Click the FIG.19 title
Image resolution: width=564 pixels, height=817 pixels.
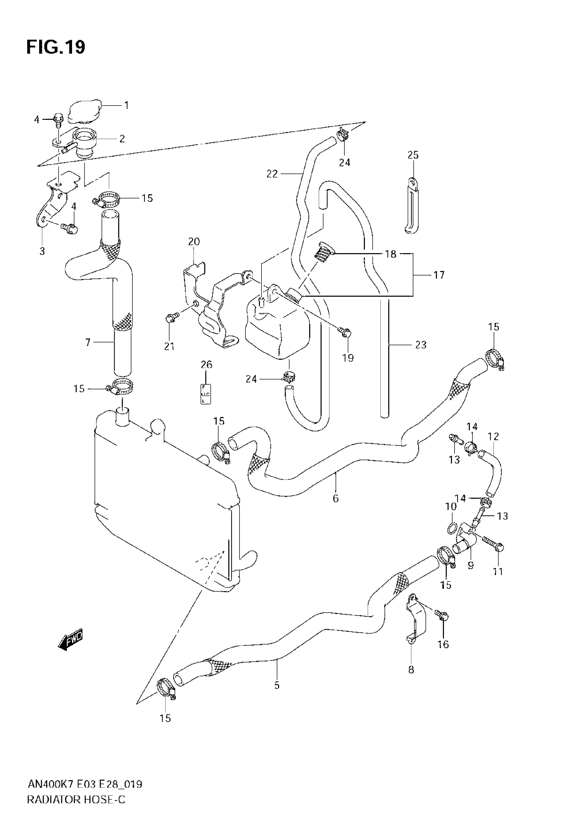point(56,47)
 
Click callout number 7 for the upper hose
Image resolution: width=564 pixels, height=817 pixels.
point(88,342)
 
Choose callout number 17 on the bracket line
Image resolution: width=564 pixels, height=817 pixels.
point(439,274)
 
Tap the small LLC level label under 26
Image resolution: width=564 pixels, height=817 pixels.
point(206,394)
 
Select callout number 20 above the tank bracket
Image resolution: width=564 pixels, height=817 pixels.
point(194,242)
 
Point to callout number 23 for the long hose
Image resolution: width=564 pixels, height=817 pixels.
point(421,344)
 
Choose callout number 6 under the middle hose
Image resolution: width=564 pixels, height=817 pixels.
point(335,498)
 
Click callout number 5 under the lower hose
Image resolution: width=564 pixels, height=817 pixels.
point(277,685)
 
